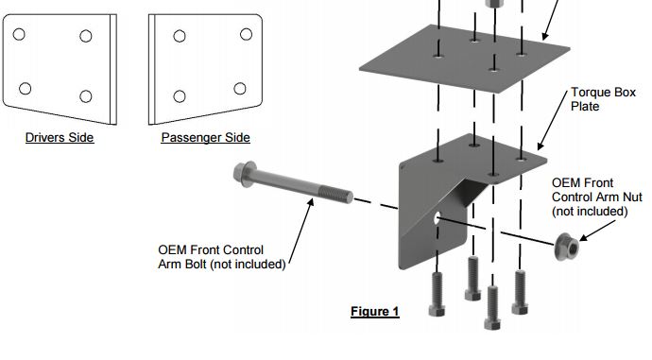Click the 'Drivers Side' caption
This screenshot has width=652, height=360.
60,138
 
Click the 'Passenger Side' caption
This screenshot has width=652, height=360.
205,138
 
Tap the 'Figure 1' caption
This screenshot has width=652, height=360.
374,312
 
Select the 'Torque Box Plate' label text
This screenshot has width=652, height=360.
603,99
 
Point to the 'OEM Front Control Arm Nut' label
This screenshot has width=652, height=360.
596,197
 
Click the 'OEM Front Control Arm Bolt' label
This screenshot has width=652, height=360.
222,257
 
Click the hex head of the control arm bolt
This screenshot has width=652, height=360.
244,173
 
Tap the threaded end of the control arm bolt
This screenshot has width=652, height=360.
336,195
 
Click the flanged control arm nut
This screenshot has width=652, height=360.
567,247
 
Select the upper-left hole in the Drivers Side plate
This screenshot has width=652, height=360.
19,34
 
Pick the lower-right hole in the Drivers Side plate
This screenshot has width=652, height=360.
86,96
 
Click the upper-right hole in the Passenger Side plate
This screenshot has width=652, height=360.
247,34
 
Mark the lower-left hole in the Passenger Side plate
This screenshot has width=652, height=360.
180,96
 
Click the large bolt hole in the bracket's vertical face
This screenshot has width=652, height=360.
437,217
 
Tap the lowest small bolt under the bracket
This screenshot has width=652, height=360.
492,308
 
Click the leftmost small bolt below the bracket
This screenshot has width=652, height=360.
437,294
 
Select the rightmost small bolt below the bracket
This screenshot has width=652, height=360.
520,292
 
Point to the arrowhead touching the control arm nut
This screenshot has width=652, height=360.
584,237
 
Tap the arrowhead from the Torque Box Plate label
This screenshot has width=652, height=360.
540,146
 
